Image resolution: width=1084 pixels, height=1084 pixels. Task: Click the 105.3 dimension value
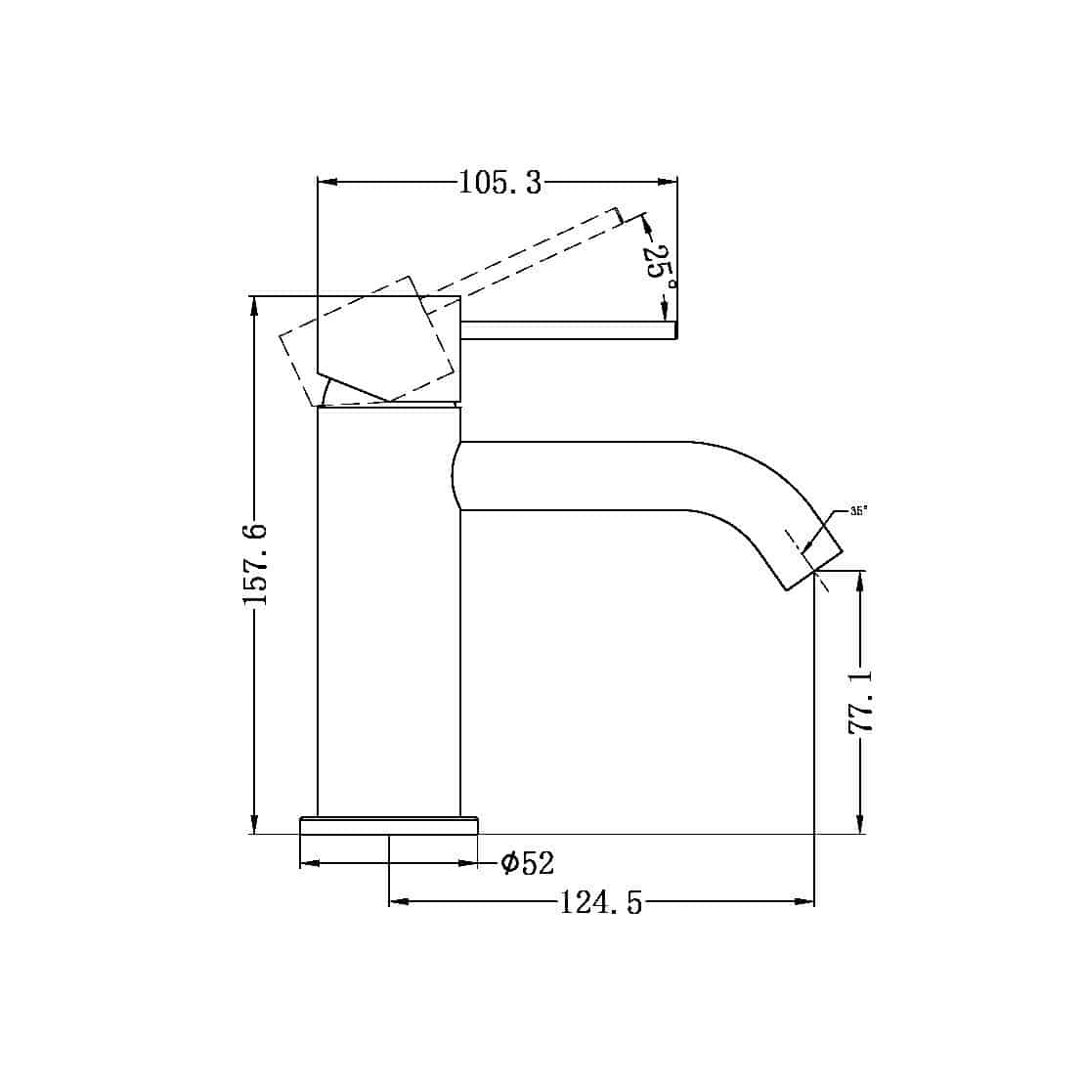coord(499,183)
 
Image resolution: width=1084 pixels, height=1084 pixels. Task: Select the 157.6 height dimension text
coord(255,564)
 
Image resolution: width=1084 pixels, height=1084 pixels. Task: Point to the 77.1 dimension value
coord(861,702)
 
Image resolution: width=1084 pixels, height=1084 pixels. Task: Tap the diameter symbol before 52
coord(509,863)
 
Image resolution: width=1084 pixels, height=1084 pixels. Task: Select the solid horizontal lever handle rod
coord(568,330)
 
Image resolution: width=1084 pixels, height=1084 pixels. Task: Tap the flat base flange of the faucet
coord(389,826)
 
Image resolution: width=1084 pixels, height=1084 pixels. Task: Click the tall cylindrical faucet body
coord(389,616)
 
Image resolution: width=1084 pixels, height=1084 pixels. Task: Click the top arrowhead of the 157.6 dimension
coord(255,305)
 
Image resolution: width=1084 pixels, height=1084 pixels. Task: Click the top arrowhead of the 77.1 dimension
coord(860,581)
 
